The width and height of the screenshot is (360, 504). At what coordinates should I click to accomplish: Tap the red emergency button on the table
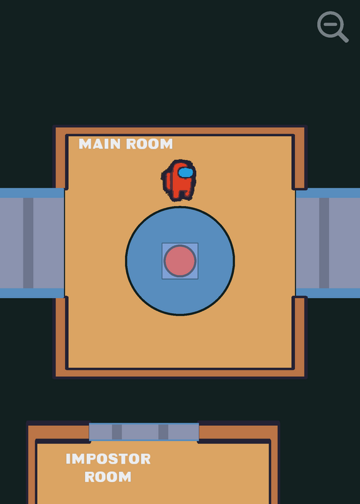tap(180, 261)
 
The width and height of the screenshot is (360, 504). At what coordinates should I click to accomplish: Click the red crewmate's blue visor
tap(185, 173)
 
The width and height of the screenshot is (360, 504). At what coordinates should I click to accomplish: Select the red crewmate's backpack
tap(166, 181)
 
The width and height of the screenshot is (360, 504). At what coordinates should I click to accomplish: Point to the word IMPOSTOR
tap(108, 459)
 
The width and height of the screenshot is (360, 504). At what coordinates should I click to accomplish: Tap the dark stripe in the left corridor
tap(28, 243)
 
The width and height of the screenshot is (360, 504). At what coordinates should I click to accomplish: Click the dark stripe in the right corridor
tap(324, 243)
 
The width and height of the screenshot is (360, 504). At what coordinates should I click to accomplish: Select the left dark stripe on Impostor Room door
tap(117, 432)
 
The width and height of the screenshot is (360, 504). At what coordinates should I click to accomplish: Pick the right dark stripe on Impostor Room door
tap(163, 432)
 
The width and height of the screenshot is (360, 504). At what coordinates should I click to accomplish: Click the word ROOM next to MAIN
tap(149, 144)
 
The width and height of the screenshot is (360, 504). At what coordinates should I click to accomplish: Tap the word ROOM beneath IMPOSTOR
tap(108, 477)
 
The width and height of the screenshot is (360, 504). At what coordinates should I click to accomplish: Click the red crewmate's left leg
tap(177, 195)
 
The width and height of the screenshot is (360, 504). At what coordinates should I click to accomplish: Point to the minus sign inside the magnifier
tap(330, 24)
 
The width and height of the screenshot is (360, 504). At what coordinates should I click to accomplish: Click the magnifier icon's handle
tap(343, 37)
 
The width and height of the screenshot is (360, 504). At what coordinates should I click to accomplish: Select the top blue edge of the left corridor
tap(32, 193)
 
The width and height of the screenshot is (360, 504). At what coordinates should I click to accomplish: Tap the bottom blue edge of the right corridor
tap(328, 293)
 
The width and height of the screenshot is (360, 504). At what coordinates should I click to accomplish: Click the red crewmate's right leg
tap(186, 194)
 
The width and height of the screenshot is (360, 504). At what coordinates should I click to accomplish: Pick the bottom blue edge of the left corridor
tap(32, 293)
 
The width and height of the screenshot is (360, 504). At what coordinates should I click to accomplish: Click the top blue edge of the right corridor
tap(328, 193)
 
